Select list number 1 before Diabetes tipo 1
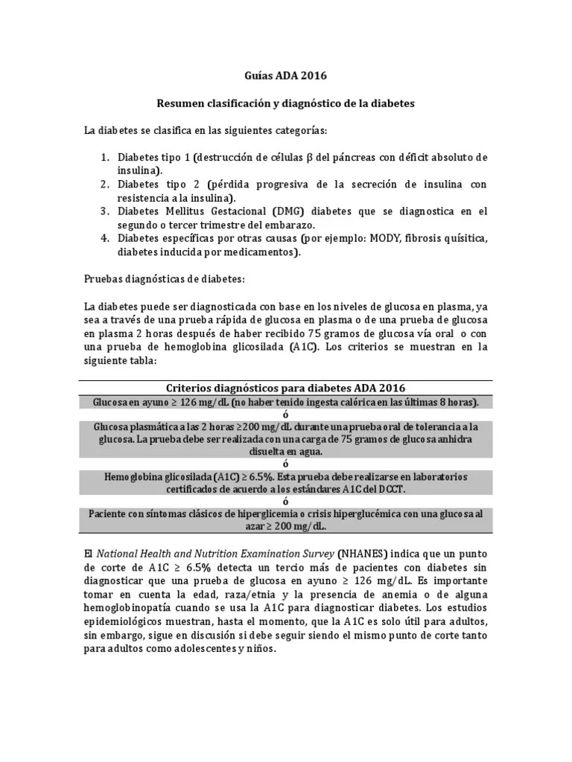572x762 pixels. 104,158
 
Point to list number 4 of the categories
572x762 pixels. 104,238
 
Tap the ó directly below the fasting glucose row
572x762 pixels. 285,414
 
